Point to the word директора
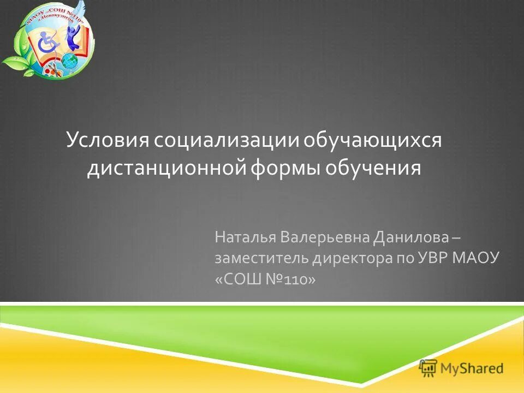[x=345, y=258]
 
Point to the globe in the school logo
[x=69, y=60]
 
